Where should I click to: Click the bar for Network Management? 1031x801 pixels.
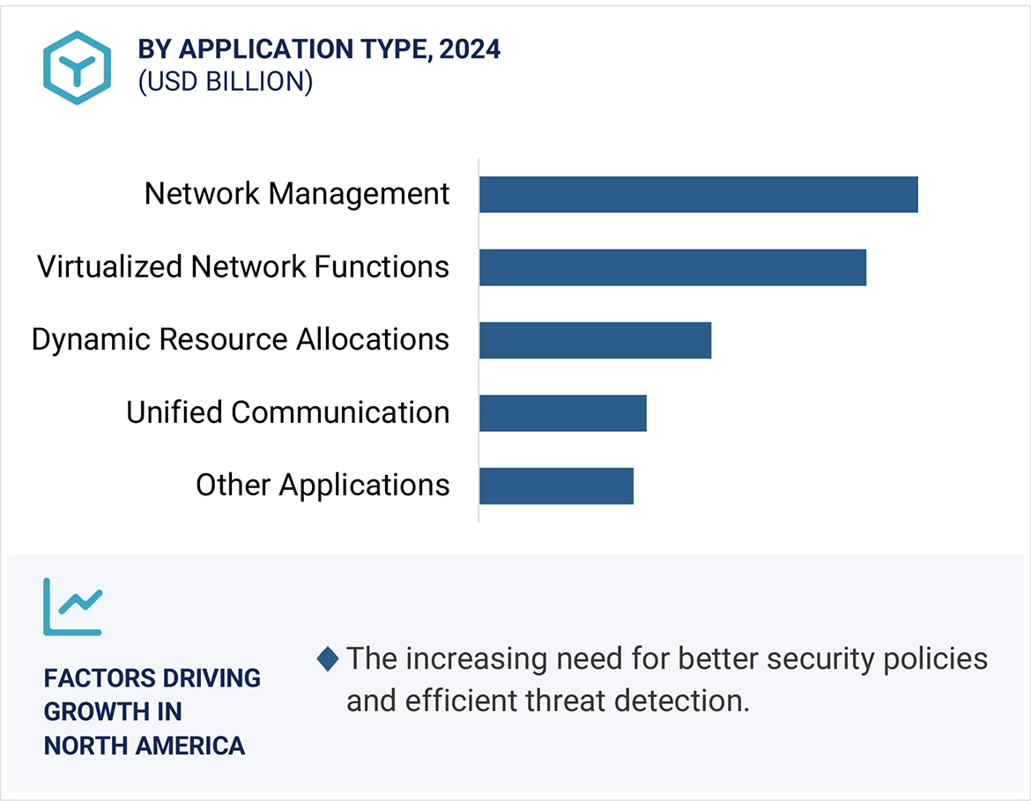pos(698,194)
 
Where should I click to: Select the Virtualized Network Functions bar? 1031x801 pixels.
pos(672,267)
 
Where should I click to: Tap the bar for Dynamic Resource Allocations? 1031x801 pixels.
pos(595,340)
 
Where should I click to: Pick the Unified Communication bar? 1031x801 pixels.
pos(562,412)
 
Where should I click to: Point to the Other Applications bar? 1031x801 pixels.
pos(556,486)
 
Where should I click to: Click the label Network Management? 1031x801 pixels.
pos(297,194)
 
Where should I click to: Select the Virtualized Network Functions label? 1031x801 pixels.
pos(243,267)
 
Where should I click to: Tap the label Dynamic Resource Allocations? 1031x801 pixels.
pos(241,340)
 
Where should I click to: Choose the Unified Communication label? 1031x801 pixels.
pos(287,412)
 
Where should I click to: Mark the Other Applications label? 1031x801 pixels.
pos(323,486)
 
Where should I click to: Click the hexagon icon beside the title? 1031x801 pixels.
pos(78,68)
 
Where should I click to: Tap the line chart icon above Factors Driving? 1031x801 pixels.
pos(73,606)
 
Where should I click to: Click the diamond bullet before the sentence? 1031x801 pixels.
pos(328,658)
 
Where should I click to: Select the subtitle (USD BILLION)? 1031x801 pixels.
pos(225,82)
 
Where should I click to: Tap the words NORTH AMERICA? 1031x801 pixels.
pos(145,745)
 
